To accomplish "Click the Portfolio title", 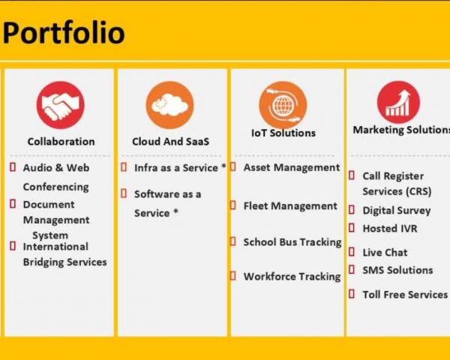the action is tap(64, 33).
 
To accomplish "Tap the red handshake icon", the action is tap(60, 105).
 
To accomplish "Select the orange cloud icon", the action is tap(170, 105).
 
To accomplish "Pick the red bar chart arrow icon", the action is tap(398, 102).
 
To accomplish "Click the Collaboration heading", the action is tap(61, 142).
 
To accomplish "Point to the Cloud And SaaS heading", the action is tap(171, 142).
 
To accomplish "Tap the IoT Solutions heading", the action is tap(283, 133).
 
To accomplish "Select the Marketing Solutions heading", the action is tap(401, 130).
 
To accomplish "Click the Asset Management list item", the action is tap(292, 168).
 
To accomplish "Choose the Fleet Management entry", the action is tap(290, 206).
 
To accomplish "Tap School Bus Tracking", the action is tap(292, 242).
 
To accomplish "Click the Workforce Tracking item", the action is tap(292, 277).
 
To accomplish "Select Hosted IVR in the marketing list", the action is tap(390, 229).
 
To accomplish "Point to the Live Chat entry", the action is tap(385, 253).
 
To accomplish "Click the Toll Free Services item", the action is tap(405, 295).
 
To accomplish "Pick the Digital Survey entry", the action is tap(397, 211).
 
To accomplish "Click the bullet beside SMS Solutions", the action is tap(352, 269).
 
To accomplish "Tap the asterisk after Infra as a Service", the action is tap(223, 166).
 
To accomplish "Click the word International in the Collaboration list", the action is tap(55, 247).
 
